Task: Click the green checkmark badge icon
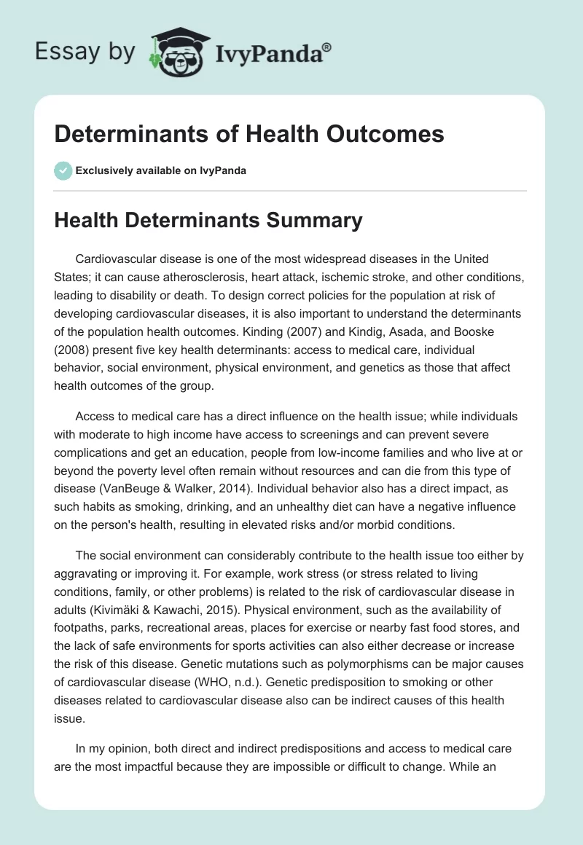click(63, 170)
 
